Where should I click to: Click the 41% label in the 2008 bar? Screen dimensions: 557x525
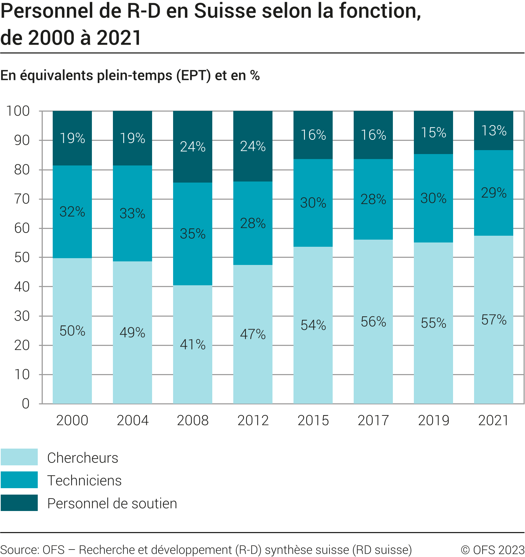pyautogui.click(x=192, y=344)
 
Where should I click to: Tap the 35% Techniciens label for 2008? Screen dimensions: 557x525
pyautogui.click(x=192, y=234)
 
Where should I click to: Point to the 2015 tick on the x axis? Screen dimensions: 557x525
pyautogui.click(x=313, y=420)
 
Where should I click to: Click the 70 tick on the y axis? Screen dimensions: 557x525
pyautogui.click(x=22, y=199)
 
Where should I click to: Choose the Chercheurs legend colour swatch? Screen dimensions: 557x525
pyautogui.click(x=19, y=457)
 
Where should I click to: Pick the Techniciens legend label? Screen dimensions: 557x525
pyautogui.click(x=84, y=480)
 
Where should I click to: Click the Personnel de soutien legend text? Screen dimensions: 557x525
pyautogui.click(x=112, y=504)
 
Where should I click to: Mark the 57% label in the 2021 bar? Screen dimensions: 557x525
pyautogui.click(x=494, y=320)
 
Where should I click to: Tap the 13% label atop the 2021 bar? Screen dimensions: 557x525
pyautogui.click(x=494, y=131)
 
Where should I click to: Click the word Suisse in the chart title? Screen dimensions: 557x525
pyautogui.click(x=225, y=11)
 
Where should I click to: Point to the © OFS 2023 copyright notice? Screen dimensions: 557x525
pyautogui.click(x=492, y=550)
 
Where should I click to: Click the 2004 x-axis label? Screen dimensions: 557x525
pyautogui.click(x=132, y=420)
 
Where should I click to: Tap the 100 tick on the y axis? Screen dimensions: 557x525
pyautogui.click(x=18, y=111)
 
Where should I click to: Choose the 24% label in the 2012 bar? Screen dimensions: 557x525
pyautogui.click(x=253, y=146)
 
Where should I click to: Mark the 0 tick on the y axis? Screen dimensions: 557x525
pyautogui.click(x=26, y=404)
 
